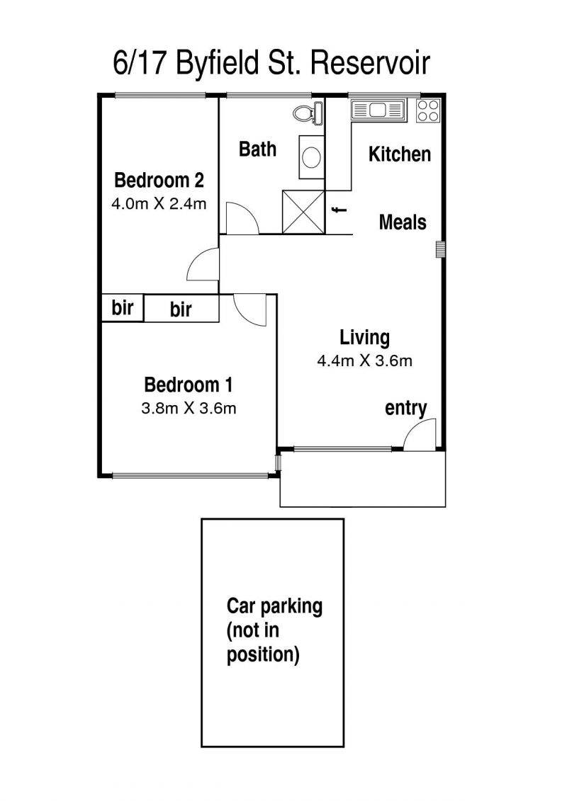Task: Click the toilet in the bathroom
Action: pyautogui.click(x=308, y=113)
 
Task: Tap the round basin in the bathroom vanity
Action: pyautogui.click(x=311, y=157)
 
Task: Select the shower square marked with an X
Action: pyautogui.click(x=303, y=212)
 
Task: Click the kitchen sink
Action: pyautogui.click(x=378, y=110)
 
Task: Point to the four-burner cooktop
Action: pyautogui.click(x=428, y=110)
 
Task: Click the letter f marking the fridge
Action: pyautogui.click(x=339, y=210)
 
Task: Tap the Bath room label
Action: pyautogui.click(x=258, y=149)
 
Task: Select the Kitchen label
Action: pyautogui.click(x=400, y=154)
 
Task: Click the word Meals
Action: pyautogui.click(x=403, y=222)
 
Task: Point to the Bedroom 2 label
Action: pyautogui.click(x=159, y=181)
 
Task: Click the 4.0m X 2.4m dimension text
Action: pyautogui.click(x=159, y=205)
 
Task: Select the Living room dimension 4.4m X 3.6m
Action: pyautogui.click(x=364, y=361)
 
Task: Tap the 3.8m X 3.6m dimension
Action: pyautogui.click(x=189, y=409)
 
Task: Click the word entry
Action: pyautogui.click(x=406, y=408)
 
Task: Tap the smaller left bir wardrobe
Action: pyautogui.click(x=123, y=307)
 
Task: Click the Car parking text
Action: pyautogui.click(x=274, y=606)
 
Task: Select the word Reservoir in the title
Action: pyautogui.click(x=370, y=63)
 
